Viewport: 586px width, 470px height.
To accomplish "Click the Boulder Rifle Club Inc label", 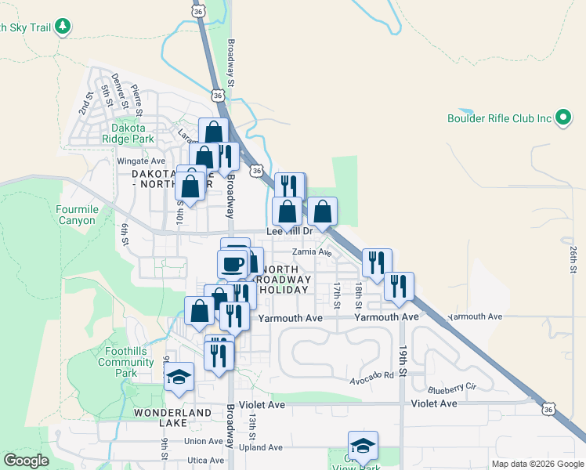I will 500,118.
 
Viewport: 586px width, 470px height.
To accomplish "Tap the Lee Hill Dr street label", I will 290,231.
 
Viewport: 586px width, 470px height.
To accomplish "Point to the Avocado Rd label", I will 372,374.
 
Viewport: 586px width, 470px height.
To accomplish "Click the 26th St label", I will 573,259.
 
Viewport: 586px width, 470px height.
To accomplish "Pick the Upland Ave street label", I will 261,447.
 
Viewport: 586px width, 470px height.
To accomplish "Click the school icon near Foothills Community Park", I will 179,378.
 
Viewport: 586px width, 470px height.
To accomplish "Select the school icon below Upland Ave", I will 363,446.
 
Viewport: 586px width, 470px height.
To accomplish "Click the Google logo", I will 26,461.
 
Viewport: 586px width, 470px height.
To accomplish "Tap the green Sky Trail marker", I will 63,27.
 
